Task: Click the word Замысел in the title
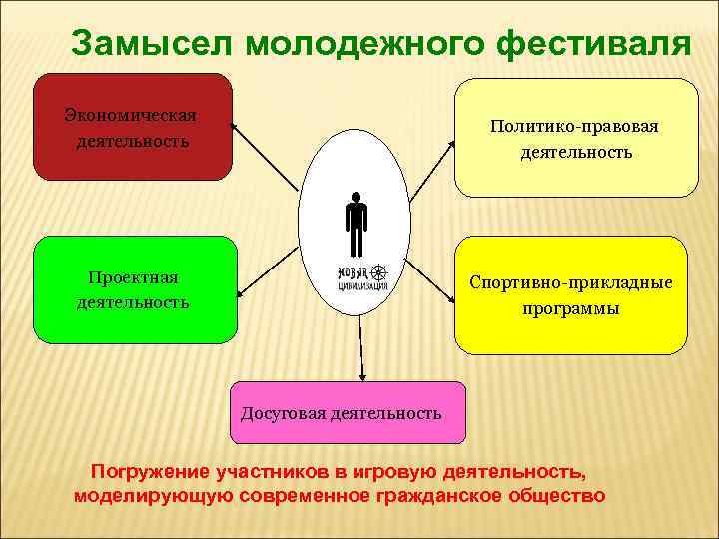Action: (149, 44)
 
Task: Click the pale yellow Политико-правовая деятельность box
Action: (576, 138)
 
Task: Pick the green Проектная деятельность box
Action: (135, 288)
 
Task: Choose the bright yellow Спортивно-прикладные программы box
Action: (570, 294)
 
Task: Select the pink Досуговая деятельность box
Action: (348, 412)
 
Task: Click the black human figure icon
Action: (356, 225)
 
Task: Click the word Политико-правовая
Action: (574, 127)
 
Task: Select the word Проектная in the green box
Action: (133, 276)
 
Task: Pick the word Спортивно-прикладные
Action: (570, 282)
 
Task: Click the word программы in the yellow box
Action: (570, 308)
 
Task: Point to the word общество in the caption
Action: (553, 495)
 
